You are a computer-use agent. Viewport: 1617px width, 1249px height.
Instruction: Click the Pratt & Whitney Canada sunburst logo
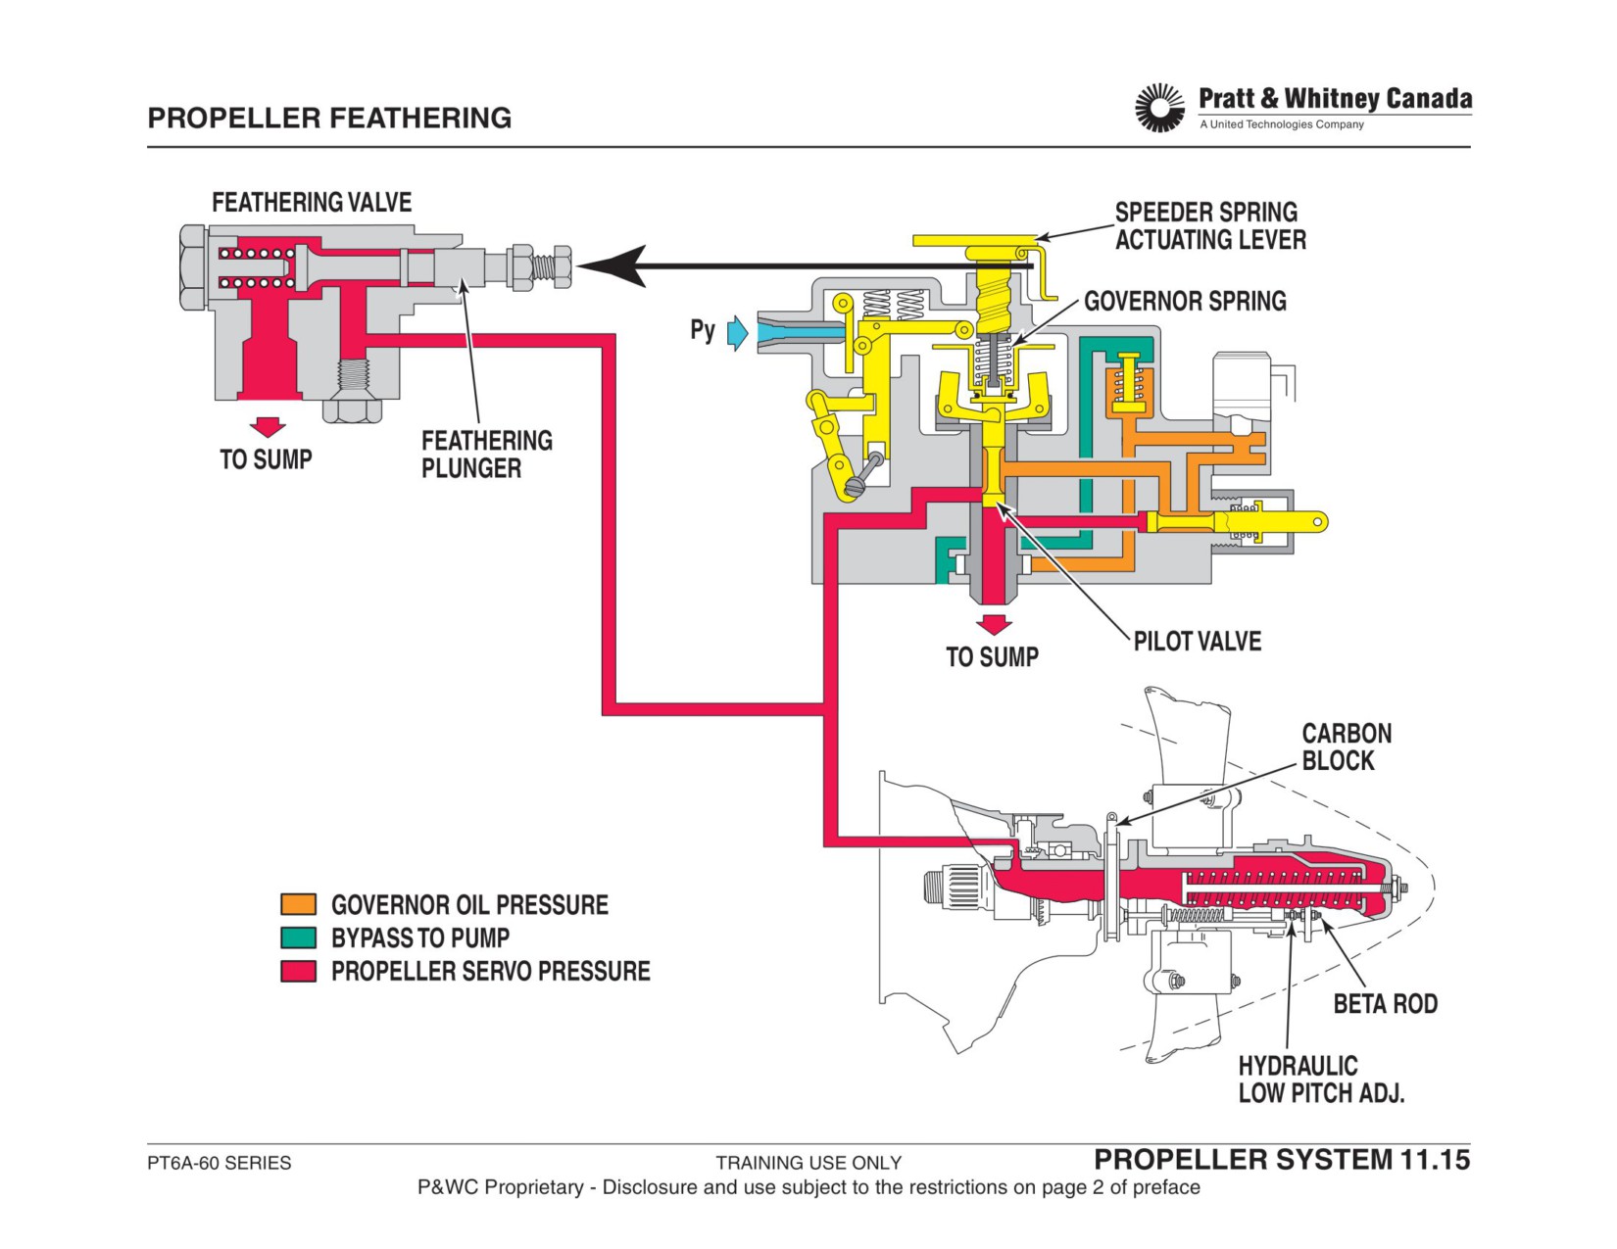(1159, 108)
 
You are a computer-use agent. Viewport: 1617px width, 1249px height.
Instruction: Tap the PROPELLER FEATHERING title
(329, 119)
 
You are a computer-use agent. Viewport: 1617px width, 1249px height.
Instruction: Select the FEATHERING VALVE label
(312, 203)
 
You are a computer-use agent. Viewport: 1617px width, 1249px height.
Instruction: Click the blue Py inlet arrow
(737, 332)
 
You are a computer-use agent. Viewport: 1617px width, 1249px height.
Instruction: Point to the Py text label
(703, 329)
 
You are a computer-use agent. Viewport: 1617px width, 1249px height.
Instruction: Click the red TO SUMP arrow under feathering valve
(268, 428)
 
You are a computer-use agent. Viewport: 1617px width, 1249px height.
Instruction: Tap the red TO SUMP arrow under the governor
(994, 625)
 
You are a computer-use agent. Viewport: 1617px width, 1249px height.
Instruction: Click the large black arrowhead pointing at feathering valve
(612, 265)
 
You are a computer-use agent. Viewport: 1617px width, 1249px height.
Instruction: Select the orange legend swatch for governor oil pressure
(298, 904)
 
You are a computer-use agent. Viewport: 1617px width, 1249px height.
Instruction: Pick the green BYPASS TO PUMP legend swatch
(298, 937)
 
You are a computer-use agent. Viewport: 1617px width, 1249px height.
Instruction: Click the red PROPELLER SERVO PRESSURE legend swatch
(298, 971)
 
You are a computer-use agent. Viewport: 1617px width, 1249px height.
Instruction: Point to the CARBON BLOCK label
(1347, 746)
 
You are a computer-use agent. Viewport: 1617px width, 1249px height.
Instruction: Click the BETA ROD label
(1385, 1003)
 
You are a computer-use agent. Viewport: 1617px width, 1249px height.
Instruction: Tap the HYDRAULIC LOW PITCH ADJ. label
(1321, 1080)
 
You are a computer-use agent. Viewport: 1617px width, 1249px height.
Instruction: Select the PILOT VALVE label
(1198, 642)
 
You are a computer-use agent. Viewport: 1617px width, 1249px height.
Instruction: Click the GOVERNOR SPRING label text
(1185, 302)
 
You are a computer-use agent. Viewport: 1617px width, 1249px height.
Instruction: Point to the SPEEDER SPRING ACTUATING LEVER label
(1210, 226)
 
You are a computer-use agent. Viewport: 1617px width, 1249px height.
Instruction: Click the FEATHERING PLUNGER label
(487, 454)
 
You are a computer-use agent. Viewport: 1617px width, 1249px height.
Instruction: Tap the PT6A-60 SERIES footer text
(219, 1163)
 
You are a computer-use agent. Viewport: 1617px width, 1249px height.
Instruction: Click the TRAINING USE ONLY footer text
(808, 1163)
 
